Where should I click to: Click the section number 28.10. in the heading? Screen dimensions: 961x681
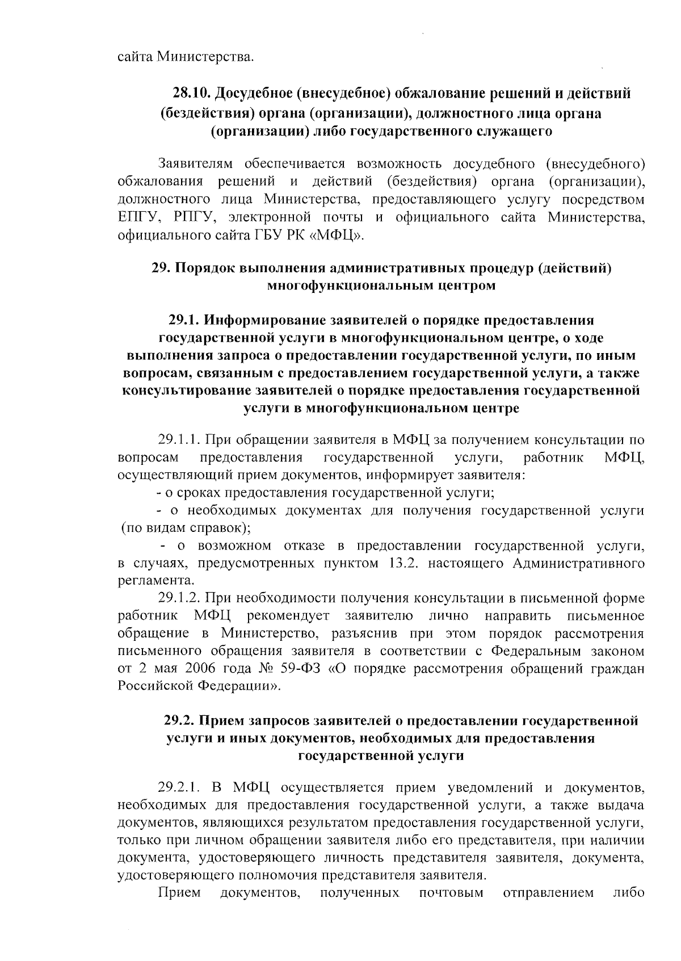click(192, 93)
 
